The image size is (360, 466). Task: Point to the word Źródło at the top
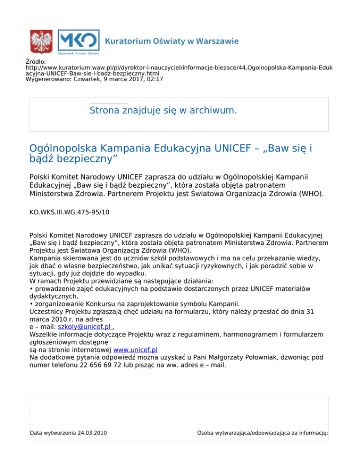click(x=35, y=61)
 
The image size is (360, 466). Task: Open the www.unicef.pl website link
click(x=135, y=349)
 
